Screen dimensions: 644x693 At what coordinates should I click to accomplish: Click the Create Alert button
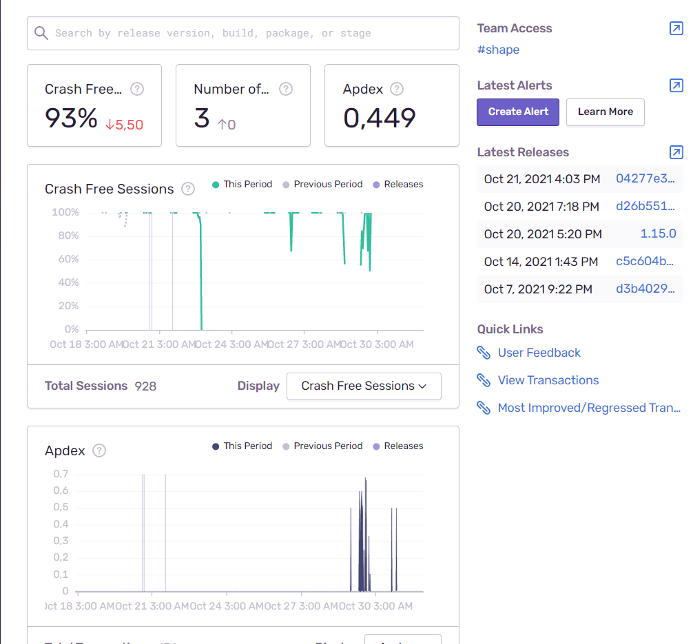tap(518, 112)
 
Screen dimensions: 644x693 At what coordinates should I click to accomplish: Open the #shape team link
tap(498, 50)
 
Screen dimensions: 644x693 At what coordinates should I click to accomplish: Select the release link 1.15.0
tap(658, 233)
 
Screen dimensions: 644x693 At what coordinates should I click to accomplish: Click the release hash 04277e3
tap(645, 178)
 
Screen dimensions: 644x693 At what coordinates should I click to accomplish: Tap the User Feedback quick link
tap(539, 353)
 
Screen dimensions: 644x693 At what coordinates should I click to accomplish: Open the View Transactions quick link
tap(548, 380)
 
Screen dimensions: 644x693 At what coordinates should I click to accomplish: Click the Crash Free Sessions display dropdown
tap(364, 386)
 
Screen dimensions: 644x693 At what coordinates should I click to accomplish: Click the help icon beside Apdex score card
tap(397, 89)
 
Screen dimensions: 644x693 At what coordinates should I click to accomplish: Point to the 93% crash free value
tap(72, 118)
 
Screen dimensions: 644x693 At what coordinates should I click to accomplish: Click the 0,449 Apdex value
tap(380, 118)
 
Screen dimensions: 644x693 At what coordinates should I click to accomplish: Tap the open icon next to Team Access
tap(676, 28)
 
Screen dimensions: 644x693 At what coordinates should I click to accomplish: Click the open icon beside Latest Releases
tap(676, 152)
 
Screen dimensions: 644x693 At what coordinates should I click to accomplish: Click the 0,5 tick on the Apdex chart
tap(61, 507)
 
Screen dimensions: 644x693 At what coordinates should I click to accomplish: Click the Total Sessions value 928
tap(145, 386)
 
